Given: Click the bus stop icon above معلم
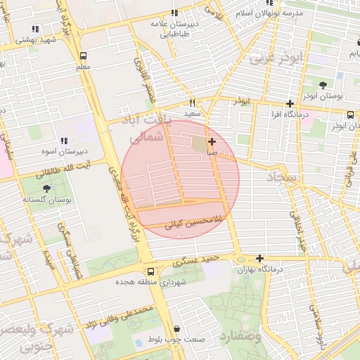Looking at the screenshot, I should pos(84,56).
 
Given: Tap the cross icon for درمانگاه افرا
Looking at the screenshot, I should pos(289,103).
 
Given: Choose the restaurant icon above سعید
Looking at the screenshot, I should pos(192,103).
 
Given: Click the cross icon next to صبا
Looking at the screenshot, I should pos(212,142).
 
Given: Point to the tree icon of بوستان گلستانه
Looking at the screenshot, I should pos(47,188).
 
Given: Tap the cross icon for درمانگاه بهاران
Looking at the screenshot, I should pos(261,258).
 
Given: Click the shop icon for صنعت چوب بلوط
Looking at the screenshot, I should pos(176,328).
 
